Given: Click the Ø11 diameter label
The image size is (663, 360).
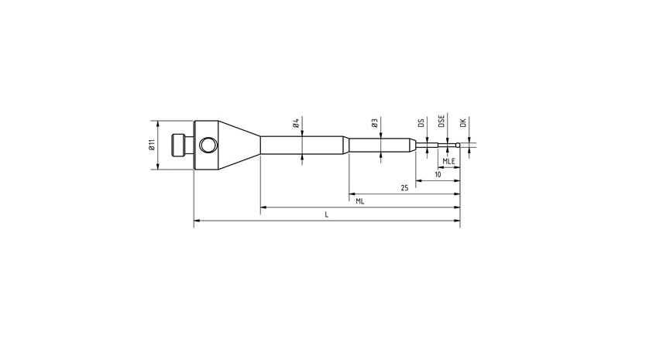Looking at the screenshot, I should click(151, 145).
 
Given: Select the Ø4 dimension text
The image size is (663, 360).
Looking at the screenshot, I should click(296, 124).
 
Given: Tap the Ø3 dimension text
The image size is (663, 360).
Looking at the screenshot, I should click(374, 124).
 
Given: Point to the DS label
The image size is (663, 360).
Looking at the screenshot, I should click(421, 123).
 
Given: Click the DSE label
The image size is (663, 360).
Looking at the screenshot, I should click(441, 122).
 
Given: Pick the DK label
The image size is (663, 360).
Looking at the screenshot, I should click(462, 123).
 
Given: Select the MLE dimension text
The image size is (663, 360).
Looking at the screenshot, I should click(448, 160).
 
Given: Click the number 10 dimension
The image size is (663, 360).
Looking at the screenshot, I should click(438, 175).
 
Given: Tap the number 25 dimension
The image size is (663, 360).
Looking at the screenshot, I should click(404, 188).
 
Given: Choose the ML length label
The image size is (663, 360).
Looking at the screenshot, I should click(360, 201).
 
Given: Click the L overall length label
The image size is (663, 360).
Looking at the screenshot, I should click(326, 214).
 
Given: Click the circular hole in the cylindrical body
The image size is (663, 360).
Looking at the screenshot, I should click(208, 145).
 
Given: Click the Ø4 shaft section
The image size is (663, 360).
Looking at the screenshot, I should click(302, 145).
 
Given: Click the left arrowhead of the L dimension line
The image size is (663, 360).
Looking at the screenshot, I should click(196, 221).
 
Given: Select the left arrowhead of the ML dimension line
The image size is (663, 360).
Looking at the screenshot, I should click(263, 207).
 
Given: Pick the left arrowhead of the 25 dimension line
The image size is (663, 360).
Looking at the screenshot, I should click(351, 194).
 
